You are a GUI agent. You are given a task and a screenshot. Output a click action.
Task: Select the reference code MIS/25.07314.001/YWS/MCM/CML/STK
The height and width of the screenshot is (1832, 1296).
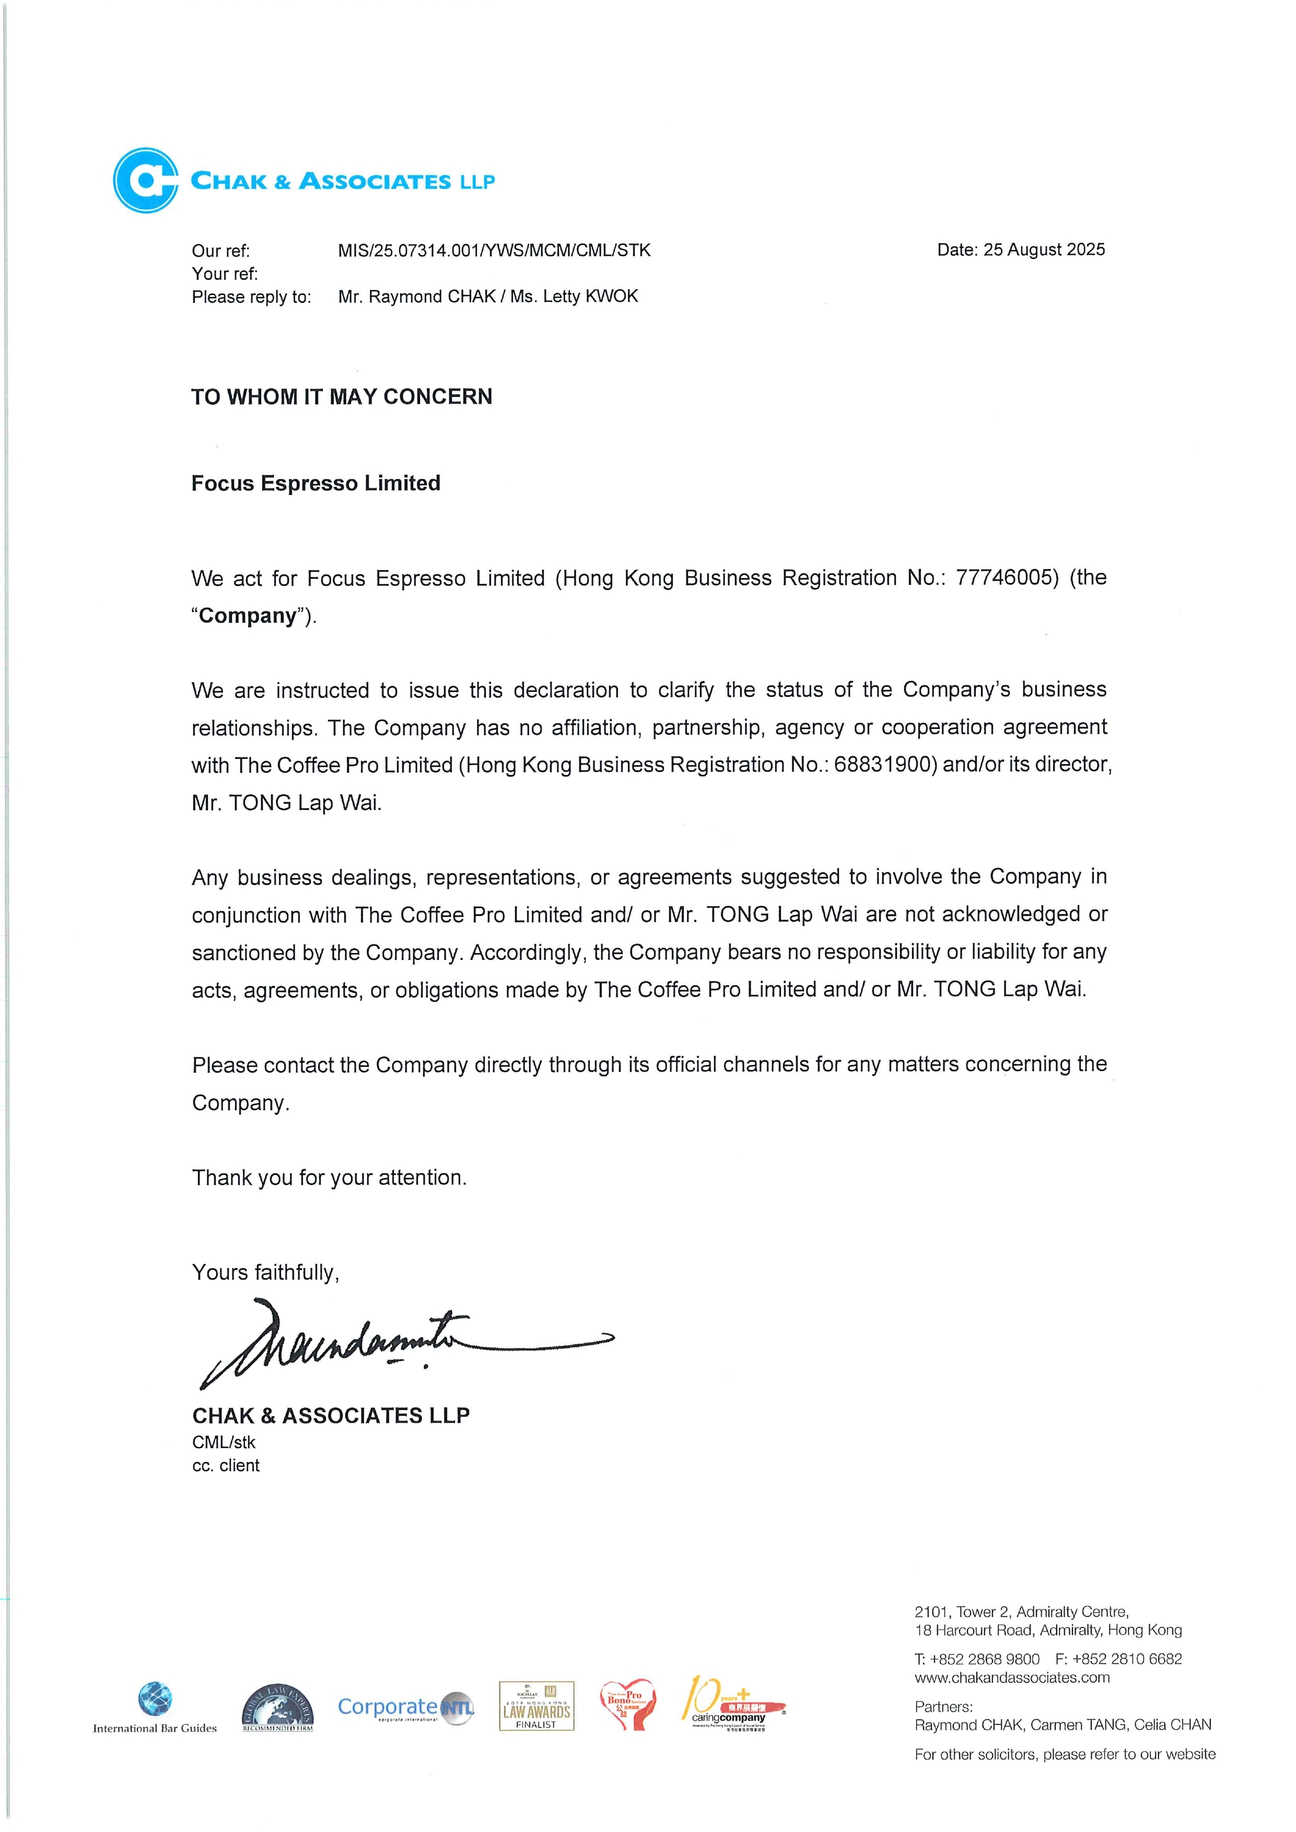494,251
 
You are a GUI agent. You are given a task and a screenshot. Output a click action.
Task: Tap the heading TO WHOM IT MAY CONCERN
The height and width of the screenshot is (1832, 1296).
342,396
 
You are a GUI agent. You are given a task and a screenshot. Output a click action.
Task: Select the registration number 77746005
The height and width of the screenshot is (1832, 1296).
1007,578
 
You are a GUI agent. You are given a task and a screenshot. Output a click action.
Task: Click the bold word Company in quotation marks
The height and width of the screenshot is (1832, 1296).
248,616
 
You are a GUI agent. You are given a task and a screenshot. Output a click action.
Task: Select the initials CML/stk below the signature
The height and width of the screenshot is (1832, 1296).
224,1442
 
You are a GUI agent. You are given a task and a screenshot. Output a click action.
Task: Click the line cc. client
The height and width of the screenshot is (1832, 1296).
226,1466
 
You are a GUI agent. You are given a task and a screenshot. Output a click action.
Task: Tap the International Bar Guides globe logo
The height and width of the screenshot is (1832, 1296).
155,1699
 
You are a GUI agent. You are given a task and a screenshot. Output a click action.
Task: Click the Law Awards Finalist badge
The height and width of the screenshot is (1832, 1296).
536,1706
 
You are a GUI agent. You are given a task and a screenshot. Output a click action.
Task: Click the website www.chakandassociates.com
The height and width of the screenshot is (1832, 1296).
1012,1678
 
